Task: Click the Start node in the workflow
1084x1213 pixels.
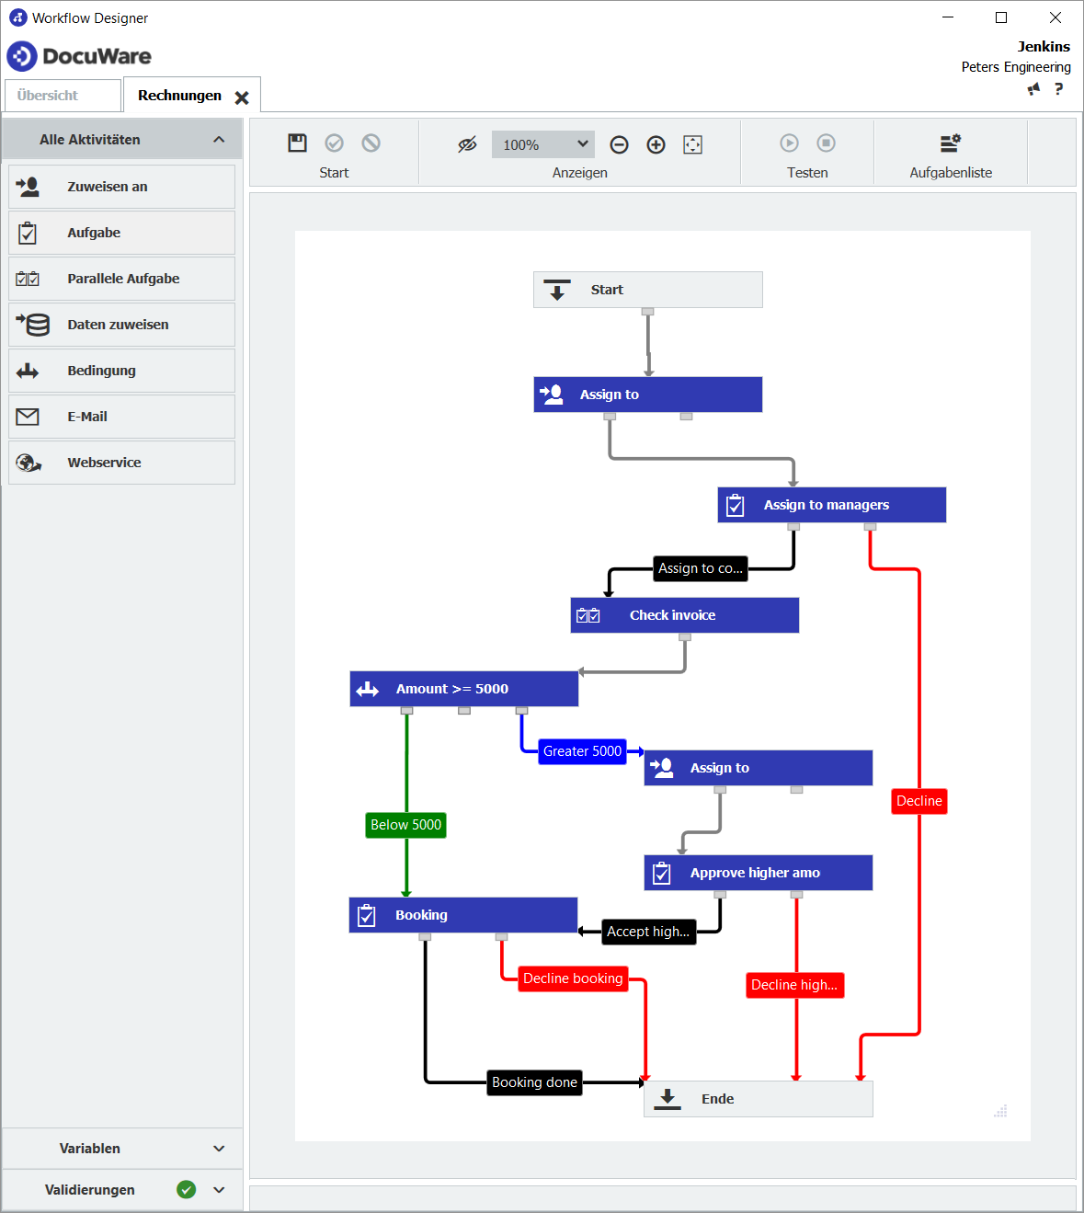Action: click(647, 290)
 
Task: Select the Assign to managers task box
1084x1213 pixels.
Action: click(831, 505)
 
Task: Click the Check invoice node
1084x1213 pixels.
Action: click(684, 615)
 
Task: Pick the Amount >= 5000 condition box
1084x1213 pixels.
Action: click(463, 689)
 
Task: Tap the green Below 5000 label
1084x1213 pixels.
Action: click(405, 825)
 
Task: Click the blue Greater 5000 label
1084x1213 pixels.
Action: click(582, 751)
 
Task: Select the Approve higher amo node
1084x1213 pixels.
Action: click(758, 873)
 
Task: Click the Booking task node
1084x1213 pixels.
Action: click(462, 915)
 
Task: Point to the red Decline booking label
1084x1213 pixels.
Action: click(573, 978)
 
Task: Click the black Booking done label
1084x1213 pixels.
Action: click(534, 1082)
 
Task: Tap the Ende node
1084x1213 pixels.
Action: click(758, 1099)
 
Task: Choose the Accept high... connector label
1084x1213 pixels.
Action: click(648, 932)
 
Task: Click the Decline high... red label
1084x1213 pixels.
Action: click(794, 985)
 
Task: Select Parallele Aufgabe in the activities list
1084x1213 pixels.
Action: click(122, 279)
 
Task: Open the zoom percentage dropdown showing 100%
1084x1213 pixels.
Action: click(543, 144)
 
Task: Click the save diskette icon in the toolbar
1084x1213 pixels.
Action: click(297, 143)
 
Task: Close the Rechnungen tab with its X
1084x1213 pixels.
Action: click(242, 97)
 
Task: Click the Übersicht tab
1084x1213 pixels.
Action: click(48, 96)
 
